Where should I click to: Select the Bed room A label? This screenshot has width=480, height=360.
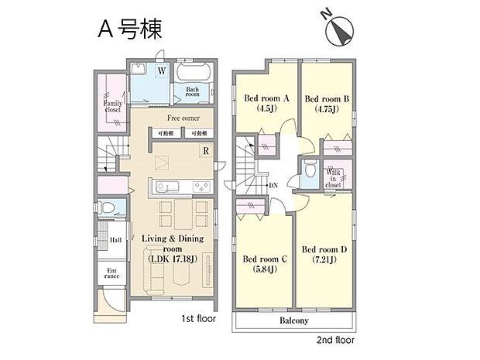pos(266,98)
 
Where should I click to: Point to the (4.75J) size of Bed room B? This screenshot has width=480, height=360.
pos(324,109)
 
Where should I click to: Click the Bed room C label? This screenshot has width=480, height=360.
pos(265,259)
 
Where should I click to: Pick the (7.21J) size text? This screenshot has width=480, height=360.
pos(324,261)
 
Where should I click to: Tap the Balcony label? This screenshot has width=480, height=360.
pos(293,321)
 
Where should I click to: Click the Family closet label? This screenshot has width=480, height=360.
pos(112,105)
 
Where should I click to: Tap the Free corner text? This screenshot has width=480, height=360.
pos(183,118)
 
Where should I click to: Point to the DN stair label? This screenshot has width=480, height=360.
pos(273,186)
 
